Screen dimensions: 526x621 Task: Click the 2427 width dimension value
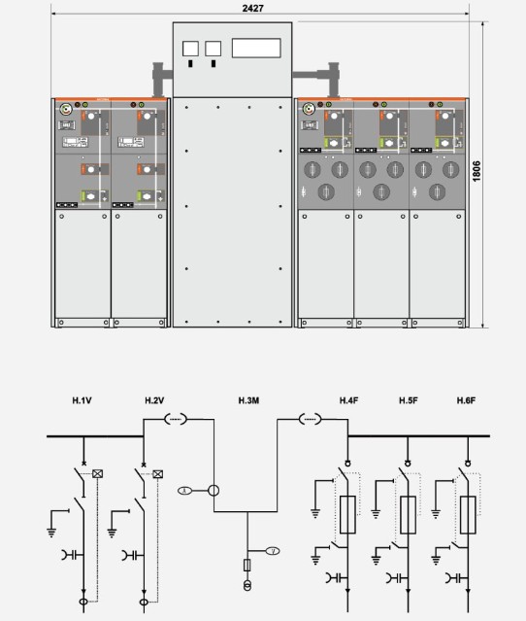pyautogui.click(x=252, y=8)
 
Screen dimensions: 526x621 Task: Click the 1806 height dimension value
pyautogui.click(x=477, y=171)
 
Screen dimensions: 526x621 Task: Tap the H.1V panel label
pyautogui.click(x=82, y=400)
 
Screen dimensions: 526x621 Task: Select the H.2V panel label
pyautogui.click(x=154, y=400)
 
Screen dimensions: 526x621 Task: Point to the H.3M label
pyautogui.click(x=248, y=400)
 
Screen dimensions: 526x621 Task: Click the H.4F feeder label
pyautogui.click(x=348, y=400)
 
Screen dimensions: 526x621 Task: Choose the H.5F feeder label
pyautogui.click(x=409, y=400)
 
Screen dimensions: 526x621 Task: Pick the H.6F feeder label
pyautogui.click(x=466, y=400)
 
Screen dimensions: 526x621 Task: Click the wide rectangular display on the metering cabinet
pyautogui.click(x=256, y=48)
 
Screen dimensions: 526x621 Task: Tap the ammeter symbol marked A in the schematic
pyautogui.click(x=184, y=491)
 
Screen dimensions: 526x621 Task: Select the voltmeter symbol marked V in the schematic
pyautogui.click(x=273, y=551)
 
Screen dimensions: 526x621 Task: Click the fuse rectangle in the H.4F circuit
pyautogui.click(x=347, y=514)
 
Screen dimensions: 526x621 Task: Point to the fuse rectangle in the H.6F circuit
pyautogui.click(x=468, y=514)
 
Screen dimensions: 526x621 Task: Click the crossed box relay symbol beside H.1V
pyautogui.click(x=97, y=473)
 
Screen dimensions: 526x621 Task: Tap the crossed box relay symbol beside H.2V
pyautogui.click(x=158, y=473)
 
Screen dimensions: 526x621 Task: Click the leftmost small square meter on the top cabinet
pyautogui.click(x=190, y=49)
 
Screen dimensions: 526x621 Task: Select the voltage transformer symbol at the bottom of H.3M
pyautogui.click(x=247, y=585)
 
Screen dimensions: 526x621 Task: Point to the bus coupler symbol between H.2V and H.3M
pyautogui.click(x=176, y=419)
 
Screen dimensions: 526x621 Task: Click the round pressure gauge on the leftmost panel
pyautogui.click(x=65, y=109)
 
